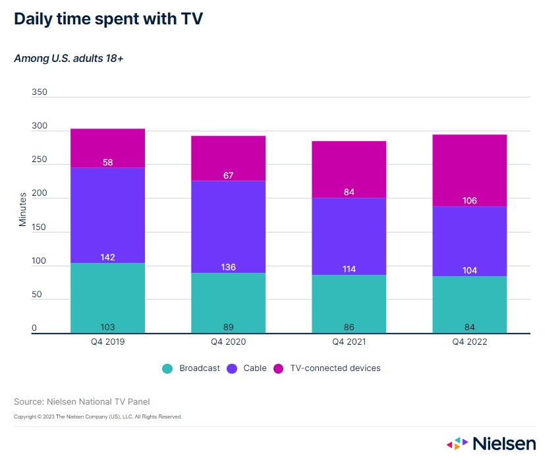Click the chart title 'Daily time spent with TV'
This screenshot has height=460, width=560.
pos(108,20)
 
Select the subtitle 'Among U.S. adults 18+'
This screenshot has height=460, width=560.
pos(69,59)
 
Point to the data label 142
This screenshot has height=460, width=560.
pos(107,257)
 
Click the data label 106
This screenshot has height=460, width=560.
pos(469,201)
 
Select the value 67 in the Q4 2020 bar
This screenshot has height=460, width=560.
pos(228,175)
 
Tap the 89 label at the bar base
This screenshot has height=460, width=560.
pos(228,328)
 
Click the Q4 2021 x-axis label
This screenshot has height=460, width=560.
pos(349,343)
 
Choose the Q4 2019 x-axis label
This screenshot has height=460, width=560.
pos(107,343)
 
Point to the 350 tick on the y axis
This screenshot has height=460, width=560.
pos(40,92)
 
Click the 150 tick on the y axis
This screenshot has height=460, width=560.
pos(40,227)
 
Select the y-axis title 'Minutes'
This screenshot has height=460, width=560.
pos(23,209)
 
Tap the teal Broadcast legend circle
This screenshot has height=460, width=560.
pos(167,368)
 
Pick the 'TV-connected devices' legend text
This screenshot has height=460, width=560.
pos(335,368)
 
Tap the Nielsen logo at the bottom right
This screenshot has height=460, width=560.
pos(491,444)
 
